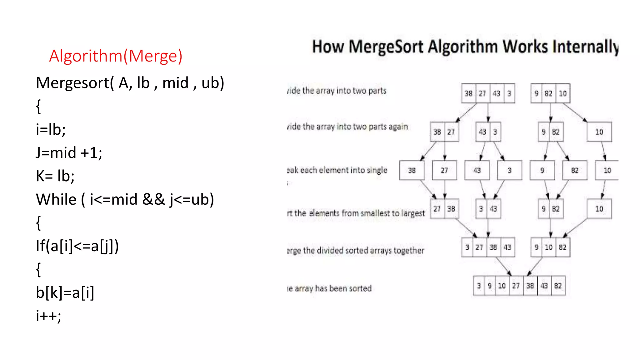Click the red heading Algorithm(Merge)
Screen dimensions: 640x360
(x=116, y=56)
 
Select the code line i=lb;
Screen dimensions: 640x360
(x=51, y=129)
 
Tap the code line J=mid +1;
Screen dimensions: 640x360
(x=69, y=153)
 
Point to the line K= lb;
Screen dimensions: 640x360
(x=55, y=176)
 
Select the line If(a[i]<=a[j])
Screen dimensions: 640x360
(x=77, y=246)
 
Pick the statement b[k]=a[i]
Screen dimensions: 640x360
(x=65, y=292)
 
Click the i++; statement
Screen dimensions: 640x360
(x=49, y=316)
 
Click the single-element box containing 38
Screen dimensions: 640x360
(x=412, y=170)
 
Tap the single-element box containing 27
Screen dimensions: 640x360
(x=444, y=170)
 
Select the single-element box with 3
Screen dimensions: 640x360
(x=509, y=170)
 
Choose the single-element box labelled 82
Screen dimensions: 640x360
(x=574, y=170)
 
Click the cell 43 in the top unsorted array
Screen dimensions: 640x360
(x=497, y=93)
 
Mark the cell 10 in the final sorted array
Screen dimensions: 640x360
(x=502, y=286)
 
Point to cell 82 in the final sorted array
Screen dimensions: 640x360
(x=558, y=286)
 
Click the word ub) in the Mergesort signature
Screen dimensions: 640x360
(x=213, y=83)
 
